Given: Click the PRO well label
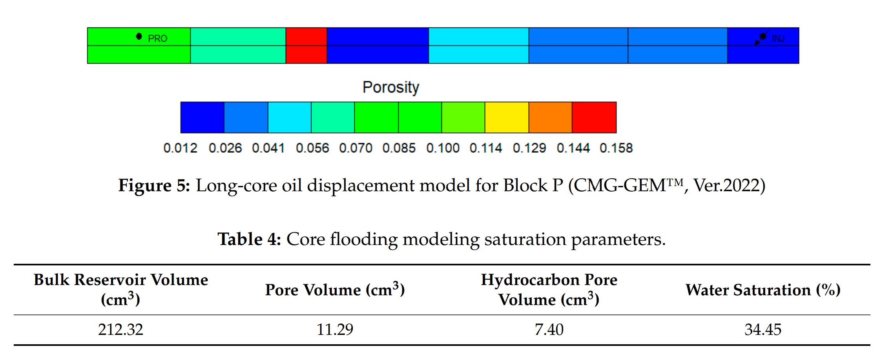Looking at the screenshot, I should (157, 38).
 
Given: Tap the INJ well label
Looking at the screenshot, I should (778, 38).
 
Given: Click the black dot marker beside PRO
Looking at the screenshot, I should (139, 37).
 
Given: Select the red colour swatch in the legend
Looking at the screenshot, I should (594, 117).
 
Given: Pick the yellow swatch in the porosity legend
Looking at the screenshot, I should (507, 117).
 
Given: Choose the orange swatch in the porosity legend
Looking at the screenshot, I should (550, 117).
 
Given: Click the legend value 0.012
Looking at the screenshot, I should (180, 148).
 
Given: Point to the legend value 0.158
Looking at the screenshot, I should (616, 148).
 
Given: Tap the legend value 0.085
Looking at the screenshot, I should (399, 148).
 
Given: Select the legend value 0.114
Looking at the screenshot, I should (486, 148).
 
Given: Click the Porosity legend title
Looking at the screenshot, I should (391, 87).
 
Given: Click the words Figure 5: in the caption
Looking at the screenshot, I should (154, 185).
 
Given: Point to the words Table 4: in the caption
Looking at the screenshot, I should (249, 239).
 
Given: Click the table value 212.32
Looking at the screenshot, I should (120, 329).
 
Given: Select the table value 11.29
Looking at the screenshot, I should (335, 329).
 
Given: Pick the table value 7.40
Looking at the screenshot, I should (549, 329).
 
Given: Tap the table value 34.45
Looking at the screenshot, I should (763, 329).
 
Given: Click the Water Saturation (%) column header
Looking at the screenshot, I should (763, 290).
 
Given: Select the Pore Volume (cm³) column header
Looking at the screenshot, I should (335, 290).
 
